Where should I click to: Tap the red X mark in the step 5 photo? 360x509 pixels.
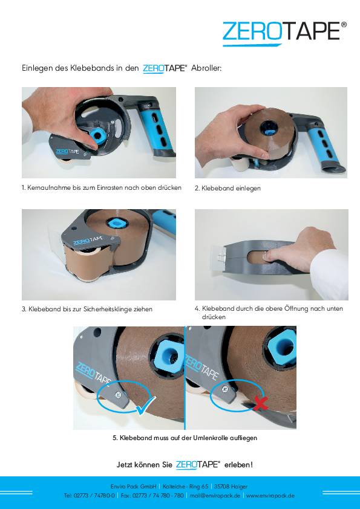click(260, 401)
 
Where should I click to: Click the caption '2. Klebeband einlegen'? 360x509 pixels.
click(227, 189)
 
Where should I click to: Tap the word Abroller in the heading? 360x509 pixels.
click(206, 69)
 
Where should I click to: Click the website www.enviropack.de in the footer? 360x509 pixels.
click(270, 496)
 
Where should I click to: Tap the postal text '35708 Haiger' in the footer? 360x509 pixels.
click(231, 486)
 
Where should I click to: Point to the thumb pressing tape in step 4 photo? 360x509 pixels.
click(269, 257)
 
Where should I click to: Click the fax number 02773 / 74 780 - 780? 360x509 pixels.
click(159, 496)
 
